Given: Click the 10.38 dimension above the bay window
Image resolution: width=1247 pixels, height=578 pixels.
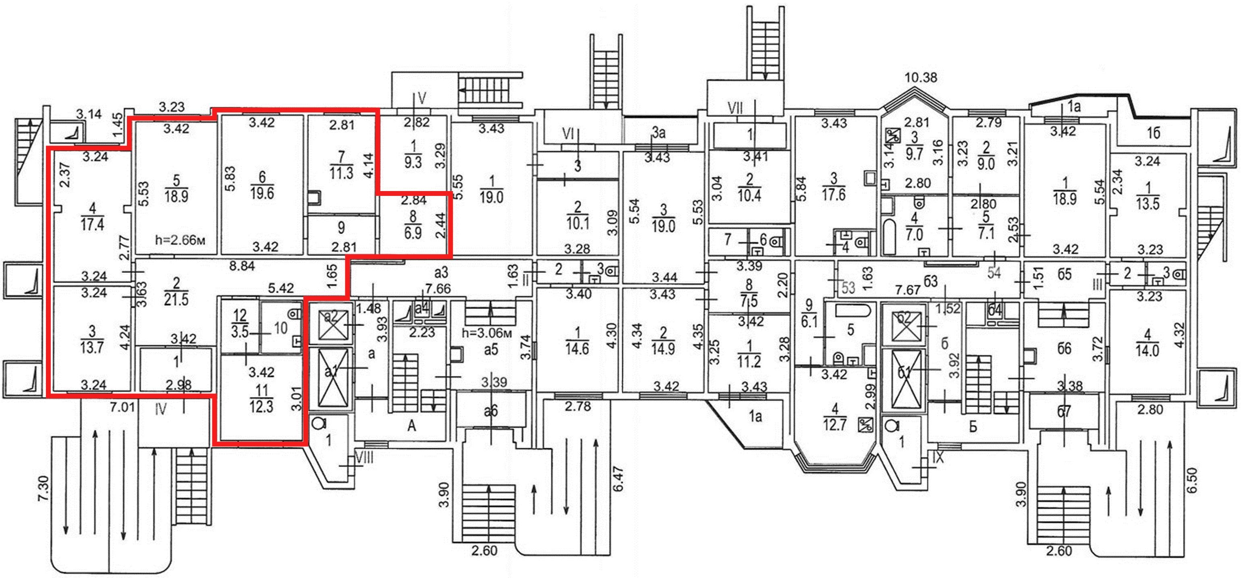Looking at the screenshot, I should [x=921, y=77].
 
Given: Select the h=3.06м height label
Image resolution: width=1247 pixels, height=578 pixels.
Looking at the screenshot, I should [x=486, y=333].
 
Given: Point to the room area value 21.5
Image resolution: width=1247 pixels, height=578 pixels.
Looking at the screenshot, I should [x=176, y=299].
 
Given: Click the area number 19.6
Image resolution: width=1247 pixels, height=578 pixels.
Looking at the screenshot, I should [x=262, y=193].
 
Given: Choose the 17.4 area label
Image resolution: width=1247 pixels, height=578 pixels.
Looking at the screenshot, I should [x=92, y=225].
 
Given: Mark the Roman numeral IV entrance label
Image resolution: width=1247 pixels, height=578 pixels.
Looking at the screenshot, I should [x=161, y=410].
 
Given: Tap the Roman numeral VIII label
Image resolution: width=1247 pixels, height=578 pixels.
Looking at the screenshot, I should [x=364, y=457].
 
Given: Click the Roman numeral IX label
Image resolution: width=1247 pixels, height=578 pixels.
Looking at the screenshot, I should [x=938, y=457].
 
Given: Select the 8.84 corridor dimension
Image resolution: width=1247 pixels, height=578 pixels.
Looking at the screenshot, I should [x=242, y=266].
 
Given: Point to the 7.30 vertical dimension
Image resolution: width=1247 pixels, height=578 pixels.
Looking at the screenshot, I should [x=43, y=489].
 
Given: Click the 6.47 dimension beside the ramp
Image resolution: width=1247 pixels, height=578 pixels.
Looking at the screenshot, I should [x=618, y=479].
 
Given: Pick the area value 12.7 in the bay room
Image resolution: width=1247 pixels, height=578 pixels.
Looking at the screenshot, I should [x=834, y=424].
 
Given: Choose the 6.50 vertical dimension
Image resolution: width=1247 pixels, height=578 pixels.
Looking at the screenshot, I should [x=1192, y=480].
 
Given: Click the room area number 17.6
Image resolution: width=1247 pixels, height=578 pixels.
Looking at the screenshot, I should [x=834, y=195].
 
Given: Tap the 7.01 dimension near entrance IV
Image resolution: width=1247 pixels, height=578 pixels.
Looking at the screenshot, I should [x=122, y=407].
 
